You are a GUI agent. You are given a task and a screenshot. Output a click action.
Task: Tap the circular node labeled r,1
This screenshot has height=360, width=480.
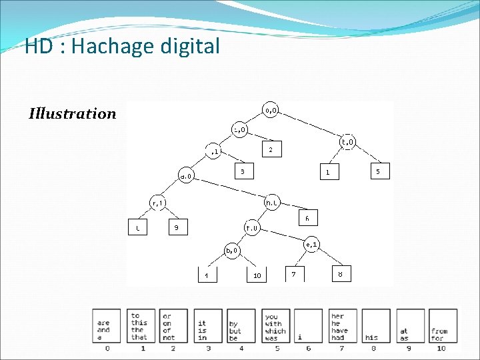[158, 202]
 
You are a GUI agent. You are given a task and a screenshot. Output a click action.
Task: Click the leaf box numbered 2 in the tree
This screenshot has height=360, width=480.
[270, 150]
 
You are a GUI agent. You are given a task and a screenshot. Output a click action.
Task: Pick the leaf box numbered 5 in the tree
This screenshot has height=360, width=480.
[378, 171]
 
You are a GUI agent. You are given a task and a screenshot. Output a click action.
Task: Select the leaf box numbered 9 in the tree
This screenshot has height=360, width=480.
[176, 228]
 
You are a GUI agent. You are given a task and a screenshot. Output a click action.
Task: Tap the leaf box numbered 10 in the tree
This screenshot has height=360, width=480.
[256, 275]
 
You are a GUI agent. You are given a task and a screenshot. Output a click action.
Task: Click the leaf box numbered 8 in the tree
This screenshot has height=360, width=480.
[340, 274]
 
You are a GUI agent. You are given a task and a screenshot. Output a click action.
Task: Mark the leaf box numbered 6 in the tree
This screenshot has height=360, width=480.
[306, 217]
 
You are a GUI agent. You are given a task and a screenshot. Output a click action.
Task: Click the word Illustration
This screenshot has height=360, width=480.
[73, 113]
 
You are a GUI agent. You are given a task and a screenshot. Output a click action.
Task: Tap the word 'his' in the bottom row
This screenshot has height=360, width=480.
[372, 337]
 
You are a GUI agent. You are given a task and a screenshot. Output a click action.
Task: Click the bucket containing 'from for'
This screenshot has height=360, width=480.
[441, 327]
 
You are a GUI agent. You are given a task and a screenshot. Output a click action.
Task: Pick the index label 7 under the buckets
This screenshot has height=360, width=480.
[341, 348]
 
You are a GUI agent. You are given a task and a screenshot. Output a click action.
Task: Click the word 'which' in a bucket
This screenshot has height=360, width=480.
[274, 331]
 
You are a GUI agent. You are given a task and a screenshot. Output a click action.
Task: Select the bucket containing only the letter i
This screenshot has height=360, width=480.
[307, 327]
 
